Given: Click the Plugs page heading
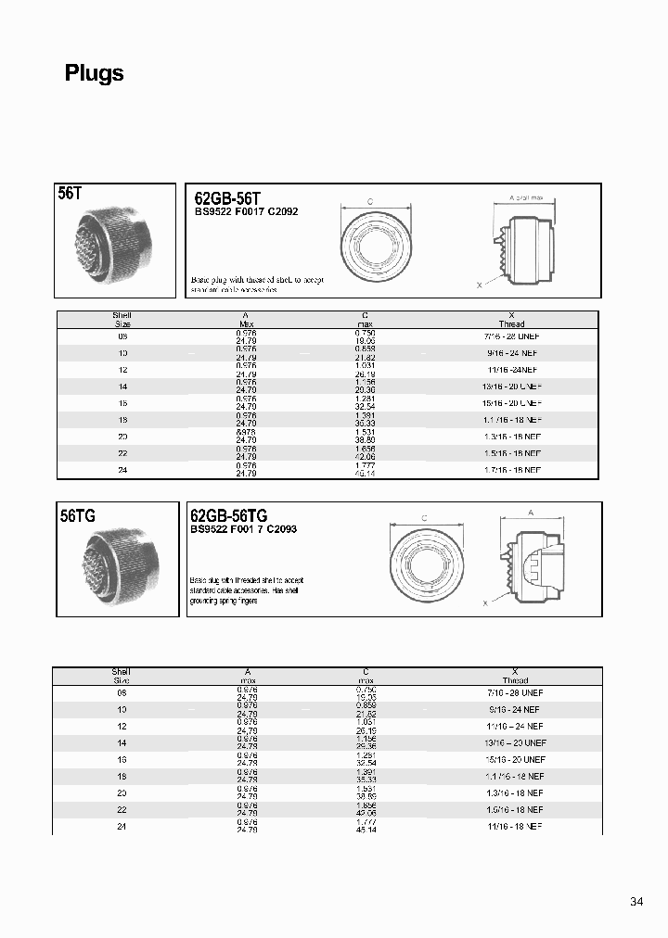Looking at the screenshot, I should [94, 74].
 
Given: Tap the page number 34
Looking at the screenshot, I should [636, 902].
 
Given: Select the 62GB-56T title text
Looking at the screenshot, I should [227, 198].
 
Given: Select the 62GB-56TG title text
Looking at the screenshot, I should [229, 516].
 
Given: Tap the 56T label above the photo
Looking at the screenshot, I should [71, 195].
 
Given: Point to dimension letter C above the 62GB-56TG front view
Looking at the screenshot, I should [424, 518].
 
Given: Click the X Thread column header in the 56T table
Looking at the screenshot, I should [511, 320].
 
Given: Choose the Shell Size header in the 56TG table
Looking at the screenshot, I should [122, 676].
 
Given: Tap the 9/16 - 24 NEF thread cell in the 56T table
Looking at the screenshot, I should [511, 353].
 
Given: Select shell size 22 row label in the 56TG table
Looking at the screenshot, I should [122, 809].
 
